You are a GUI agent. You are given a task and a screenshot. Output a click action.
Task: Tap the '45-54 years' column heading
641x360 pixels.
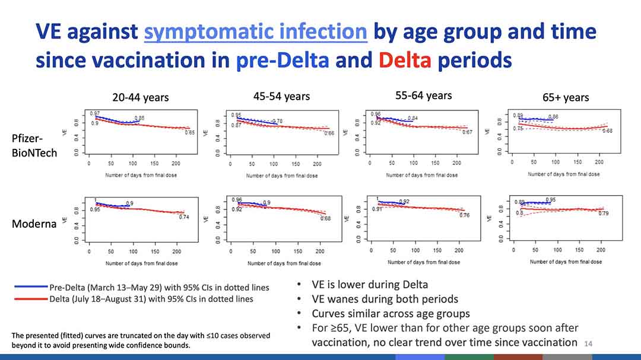coord(281,96)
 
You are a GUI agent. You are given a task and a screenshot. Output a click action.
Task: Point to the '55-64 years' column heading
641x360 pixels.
coord(423,95)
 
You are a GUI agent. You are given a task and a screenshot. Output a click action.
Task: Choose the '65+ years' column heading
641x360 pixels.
coord(566,97)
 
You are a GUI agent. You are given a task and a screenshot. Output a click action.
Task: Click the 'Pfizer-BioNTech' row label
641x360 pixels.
coord(34,145)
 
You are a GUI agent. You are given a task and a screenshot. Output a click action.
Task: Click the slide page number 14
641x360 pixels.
coord(589,343)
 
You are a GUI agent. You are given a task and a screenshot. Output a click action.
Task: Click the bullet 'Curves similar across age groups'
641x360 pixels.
coord(391,313)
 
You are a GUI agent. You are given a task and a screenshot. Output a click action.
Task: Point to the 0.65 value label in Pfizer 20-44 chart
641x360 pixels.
coord(189,133)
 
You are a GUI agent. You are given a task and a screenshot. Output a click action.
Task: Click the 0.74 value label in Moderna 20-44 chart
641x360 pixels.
coord(185,217)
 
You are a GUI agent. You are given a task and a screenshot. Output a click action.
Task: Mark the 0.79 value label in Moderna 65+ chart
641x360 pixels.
coord(603,214)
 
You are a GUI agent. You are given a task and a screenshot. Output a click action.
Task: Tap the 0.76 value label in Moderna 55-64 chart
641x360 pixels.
coord(465,215)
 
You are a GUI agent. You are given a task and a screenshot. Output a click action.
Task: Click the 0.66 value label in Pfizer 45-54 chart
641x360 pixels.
coord(329,134)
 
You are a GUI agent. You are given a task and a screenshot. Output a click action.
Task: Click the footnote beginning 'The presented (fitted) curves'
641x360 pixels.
coord(141,340)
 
